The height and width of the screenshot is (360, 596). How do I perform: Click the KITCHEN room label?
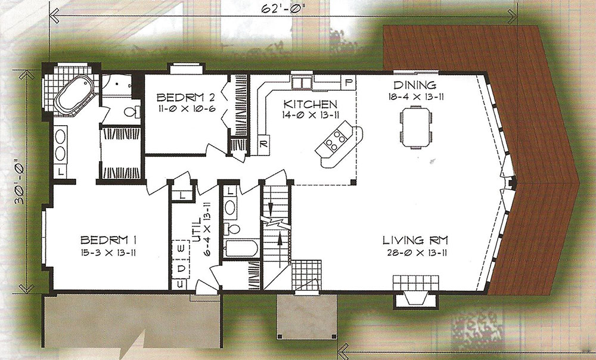[x=310, y=104]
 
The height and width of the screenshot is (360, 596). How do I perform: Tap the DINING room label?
[x=415, y=85]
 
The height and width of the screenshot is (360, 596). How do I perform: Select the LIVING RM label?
[x=415, y=240]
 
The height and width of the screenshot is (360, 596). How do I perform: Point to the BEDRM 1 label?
[x=108, y=240]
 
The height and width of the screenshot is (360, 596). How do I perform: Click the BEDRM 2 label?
[x=186, y=98]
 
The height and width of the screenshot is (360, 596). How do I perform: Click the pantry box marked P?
[x=348, y=82]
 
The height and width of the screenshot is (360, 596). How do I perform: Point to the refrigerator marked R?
[x=263, y=144]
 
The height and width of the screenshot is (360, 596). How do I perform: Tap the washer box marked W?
[x=181, y=248]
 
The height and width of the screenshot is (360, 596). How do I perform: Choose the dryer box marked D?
[x=181, y=268]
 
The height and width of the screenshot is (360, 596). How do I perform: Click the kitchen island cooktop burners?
[x=335, y=139]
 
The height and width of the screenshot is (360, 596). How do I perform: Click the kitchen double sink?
[x=302, y=82]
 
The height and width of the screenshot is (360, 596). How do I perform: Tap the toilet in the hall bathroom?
[x=232, y=229]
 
